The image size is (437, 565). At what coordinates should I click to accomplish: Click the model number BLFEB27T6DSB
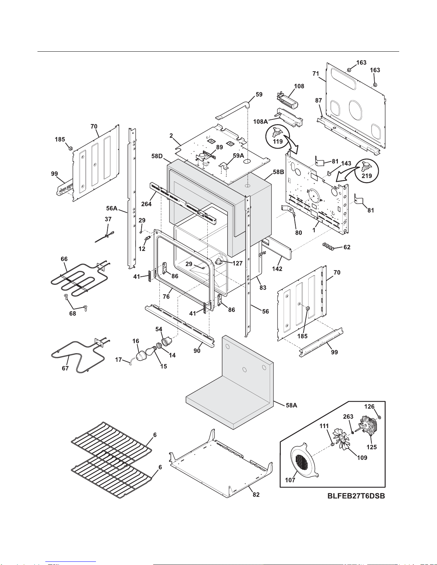(x=356, y=496)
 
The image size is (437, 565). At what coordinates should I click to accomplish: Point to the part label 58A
(x=291, y=405)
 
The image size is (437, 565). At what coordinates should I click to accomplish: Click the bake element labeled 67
(x=77, y=355)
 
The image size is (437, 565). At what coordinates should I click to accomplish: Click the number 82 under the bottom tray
(x=256, y=494)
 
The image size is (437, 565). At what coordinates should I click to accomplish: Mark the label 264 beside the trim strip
(x=146, y=204)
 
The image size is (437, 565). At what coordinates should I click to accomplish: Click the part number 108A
(x=260, y=122)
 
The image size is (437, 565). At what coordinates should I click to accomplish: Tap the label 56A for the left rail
(x=112, y=208)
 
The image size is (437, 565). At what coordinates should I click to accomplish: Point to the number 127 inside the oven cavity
(x=237, y=263)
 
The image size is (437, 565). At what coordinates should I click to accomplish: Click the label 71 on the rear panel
(x=316, y=74)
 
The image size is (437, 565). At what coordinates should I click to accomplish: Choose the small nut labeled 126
(x=379, y=417)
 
